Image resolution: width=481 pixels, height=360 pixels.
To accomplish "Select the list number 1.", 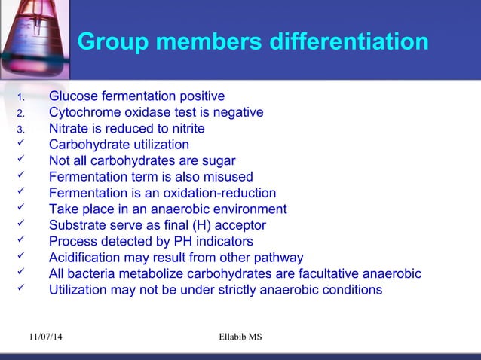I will [x=22, y=97].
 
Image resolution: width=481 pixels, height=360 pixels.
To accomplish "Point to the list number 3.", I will [x=22, y=130].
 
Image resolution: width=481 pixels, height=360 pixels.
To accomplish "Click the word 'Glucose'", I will [x=74, y=96].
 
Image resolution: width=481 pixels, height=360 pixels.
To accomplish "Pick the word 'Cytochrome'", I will [x=84, y=113].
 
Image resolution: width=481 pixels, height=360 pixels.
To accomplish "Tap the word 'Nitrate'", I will [x=69, y=129].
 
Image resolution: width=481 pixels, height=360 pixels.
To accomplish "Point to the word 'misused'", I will [x=230, y=177].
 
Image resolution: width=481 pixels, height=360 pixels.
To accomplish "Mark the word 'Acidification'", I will [x=85, y=258].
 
